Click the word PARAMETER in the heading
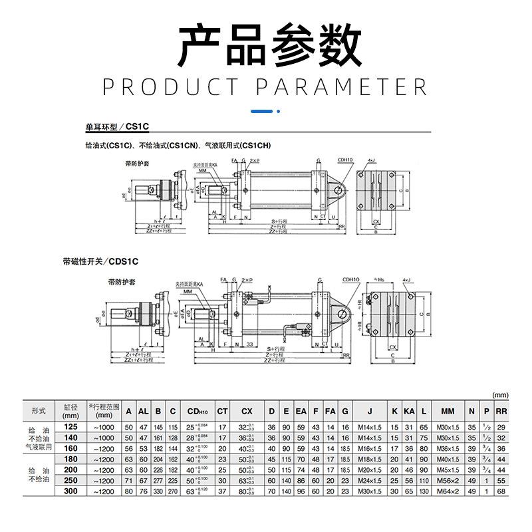(341, 88)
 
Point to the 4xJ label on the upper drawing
(371, 160)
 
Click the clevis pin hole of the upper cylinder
(339, 192)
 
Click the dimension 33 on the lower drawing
(247, 344)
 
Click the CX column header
(247, 410)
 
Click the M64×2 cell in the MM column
(447, 491)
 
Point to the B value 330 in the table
(158, 491)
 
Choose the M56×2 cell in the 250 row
(447, 480)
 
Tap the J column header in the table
(370, 410)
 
